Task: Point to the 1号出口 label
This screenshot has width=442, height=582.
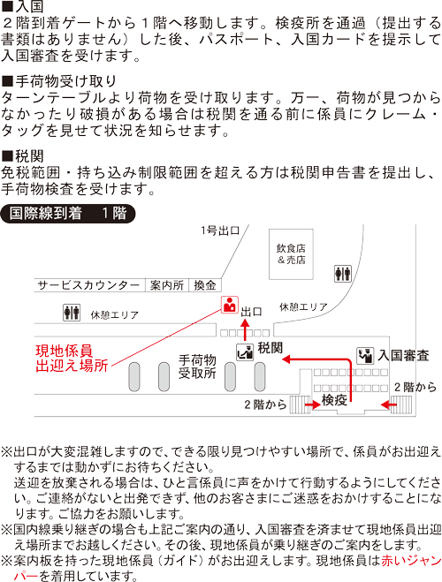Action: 220,231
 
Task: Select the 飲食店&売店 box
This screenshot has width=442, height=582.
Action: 291,254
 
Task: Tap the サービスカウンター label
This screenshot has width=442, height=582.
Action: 88,285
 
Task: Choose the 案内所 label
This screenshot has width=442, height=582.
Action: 166,285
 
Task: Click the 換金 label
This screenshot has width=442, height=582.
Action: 204,285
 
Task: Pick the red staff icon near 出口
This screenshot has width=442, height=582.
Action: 229,306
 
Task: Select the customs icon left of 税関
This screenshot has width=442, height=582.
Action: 245,351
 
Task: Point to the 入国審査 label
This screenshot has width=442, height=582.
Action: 403,356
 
